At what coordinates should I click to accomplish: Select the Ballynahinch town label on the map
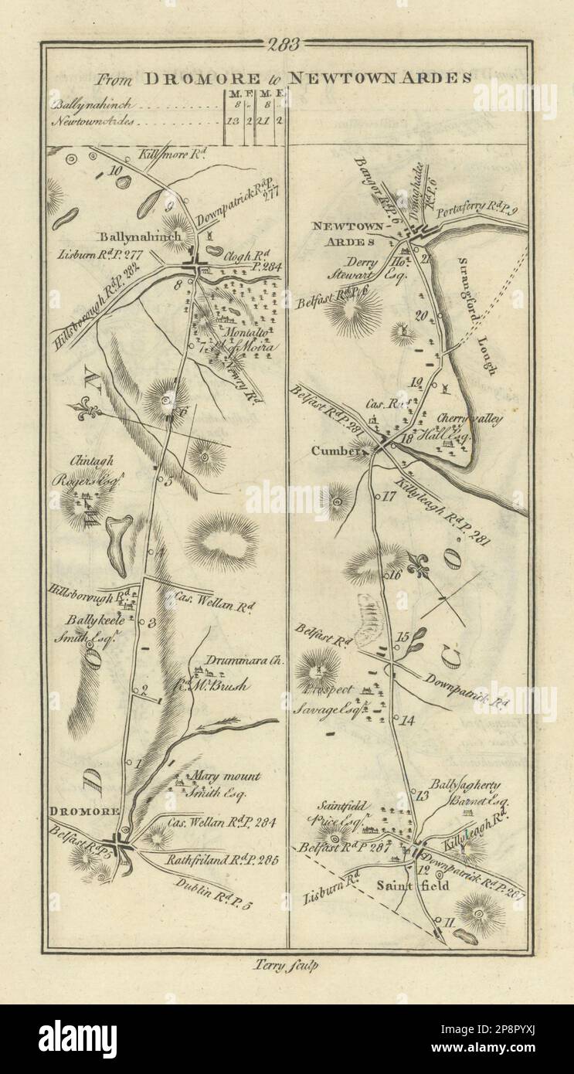139,236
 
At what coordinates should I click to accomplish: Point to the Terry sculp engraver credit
286,964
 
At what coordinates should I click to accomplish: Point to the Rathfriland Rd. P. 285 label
220,858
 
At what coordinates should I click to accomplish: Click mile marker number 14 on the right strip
407,721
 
